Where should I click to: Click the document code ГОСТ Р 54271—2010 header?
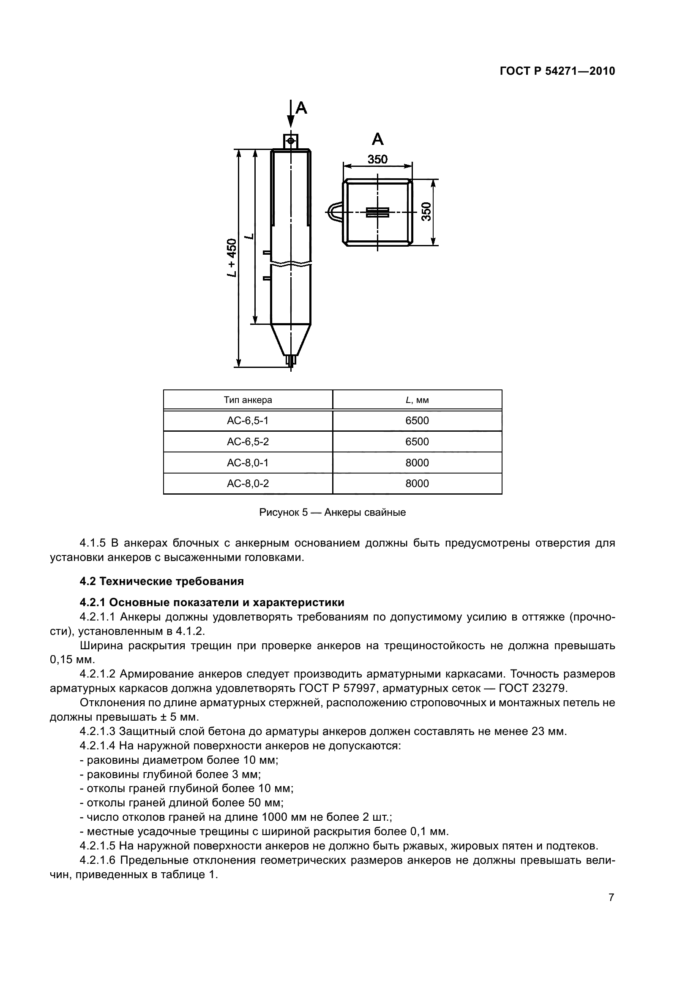(x=557, y=71)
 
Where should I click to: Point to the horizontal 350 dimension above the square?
(x=377, y=160)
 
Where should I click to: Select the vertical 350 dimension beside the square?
(x=426, y=212)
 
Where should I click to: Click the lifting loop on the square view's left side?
(x=335, y=212)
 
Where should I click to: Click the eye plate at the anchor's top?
(x=291, y=141)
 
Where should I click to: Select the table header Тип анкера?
(x=248, y=400)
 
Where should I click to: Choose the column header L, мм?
(x=417, y=400)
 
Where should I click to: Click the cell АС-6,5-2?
(x=248, y=441)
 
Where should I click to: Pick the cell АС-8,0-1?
(x=248, y=463)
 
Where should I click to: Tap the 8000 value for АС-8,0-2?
(x=417, y=483)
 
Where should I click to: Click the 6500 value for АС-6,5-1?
(x=417, y=420)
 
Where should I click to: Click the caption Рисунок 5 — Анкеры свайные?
(x=332, y=512)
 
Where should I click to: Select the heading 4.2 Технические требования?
(x=162, y=581)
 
